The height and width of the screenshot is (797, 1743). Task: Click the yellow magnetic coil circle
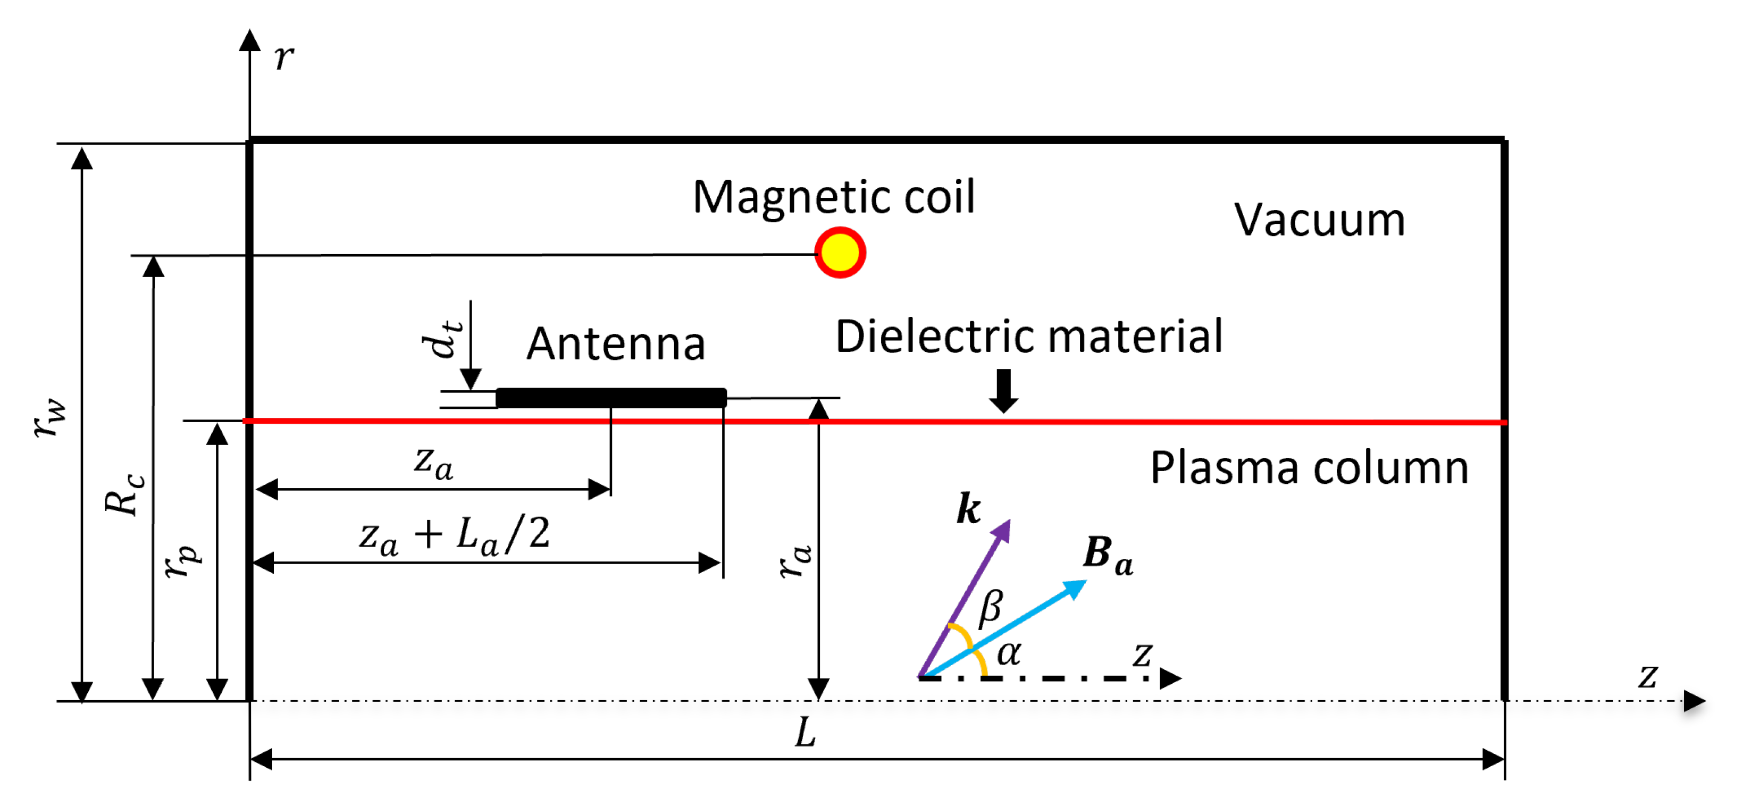pyautogui.click(x=840, y=253)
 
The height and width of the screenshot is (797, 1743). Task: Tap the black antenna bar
pyautogui.click(x=610, y=397)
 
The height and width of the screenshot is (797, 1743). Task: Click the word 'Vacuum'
pyautogui.click(x=1319, y=220)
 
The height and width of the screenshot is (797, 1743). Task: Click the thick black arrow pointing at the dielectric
pyautogui.click(x=1003, y=390)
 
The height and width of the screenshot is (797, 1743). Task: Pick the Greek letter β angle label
pyautogui.click(x=991, y=607)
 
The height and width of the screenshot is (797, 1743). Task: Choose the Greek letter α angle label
pyautogui.click(x=1009, y=653)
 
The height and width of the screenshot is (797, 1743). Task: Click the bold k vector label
pyautogui.click(x=968, y=508)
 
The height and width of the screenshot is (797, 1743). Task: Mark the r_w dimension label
pyautogui.click(x=51, y=417)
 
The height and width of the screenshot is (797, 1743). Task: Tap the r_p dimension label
pyautogui.click(x=183, y=561)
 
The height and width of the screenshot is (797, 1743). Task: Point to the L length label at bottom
pyautogui.click(x=805, y=733)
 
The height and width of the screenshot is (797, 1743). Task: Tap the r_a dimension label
pyautogui.click(x=795, y=561)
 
